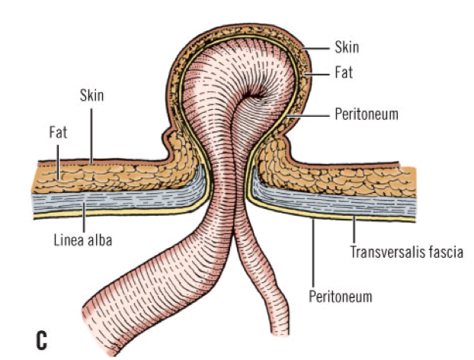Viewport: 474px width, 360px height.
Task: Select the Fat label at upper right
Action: (344, 75)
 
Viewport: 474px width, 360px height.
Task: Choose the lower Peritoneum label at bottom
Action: (340, 297)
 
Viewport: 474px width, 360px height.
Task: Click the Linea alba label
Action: (83, 241)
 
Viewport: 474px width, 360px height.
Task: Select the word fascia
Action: (447, 250)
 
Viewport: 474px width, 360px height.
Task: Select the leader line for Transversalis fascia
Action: (355, 228)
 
